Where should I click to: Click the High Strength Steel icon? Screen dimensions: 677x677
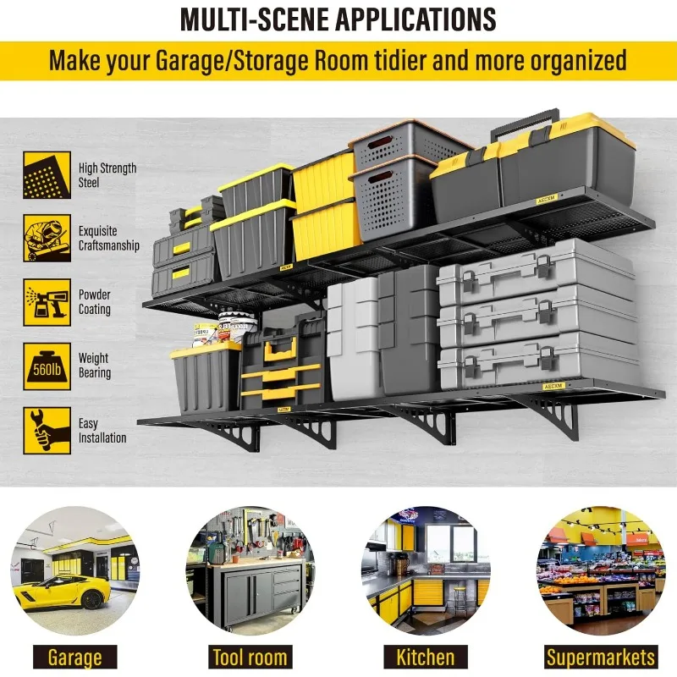(47, 175)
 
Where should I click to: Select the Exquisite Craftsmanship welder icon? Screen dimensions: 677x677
(47, 239)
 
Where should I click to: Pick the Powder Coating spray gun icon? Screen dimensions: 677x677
(47, 302)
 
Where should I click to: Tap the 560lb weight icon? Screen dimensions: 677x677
(47, 366)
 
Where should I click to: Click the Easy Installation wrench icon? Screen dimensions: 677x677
(47, 430)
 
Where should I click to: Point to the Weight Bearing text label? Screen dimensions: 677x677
(95, 366)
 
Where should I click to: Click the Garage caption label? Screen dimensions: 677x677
(74, 658)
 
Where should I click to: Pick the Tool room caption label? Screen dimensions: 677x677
(250, 658)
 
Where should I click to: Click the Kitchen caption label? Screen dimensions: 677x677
(425, 658)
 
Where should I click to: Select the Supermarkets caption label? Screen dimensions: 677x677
(601, 658)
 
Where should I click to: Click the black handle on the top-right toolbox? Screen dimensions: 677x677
(525, 120)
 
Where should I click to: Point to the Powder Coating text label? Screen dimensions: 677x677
(95, 302)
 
